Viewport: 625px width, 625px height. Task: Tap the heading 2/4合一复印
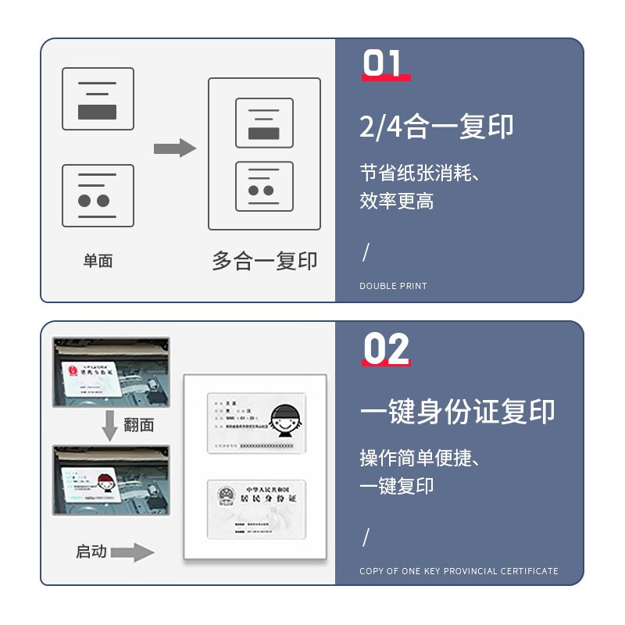click(436, 127)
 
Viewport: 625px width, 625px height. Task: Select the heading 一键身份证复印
click(457, 412)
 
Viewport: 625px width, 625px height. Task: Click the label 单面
click(98, 261)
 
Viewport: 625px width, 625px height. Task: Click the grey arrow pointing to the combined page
click(174, 148)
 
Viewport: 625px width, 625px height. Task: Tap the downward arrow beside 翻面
click(110, 426)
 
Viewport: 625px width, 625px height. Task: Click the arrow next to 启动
click(132, 552)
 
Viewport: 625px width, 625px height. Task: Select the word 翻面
click(139, 425)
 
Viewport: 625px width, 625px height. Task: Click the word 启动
click(91, 552)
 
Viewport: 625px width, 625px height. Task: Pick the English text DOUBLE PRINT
click(393, 287)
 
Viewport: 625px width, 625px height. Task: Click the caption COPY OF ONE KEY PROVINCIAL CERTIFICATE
click(459, 571)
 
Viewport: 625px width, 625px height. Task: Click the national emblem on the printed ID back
click(227, 497)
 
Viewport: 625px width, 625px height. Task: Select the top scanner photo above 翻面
click(110, 373)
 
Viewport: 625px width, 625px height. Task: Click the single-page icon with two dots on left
click(98, 195)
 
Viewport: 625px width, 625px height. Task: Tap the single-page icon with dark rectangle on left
click(98, 99)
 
